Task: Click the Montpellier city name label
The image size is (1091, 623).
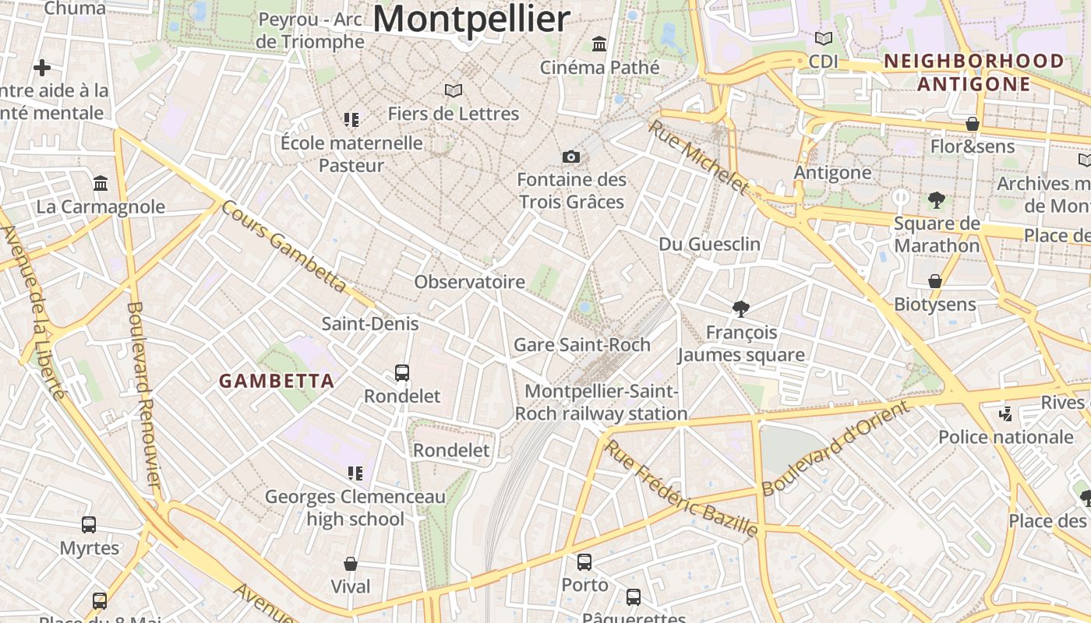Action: point(471,19)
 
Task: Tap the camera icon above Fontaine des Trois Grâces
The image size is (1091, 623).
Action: point(571,157)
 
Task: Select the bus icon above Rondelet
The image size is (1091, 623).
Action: point(402,373)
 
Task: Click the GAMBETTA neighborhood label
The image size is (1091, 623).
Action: point(277,381)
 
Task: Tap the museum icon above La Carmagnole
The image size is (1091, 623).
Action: point(101,184)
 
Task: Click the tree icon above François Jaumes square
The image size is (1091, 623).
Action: point(741,309)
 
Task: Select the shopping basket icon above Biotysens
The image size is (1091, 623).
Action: point(935,281)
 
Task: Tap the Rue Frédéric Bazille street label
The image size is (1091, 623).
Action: point(681,488)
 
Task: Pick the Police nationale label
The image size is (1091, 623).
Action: point(1005,437)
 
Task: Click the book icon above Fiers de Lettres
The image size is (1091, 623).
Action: point(454,90)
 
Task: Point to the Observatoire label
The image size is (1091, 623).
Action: point(469,282)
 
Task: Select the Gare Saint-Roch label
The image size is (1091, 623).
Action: point(581,344)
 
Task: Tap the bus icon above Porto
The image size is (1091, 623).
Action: point(584,561)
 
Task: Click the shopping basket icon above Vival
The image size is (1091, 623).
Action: point(351,563)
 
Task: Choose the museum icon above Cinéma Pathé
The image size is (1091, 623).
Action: point(599,44)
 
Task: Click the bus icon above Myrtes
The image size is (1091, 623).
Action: point(89,525)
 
